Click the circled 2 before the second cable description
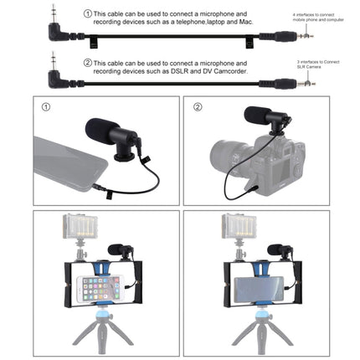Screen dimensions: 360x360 coord(89,64)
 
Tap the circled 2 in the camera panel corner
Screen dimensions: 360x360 coord(198,107)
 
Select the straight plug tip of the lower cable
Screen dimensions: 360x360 coord(311,85)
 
